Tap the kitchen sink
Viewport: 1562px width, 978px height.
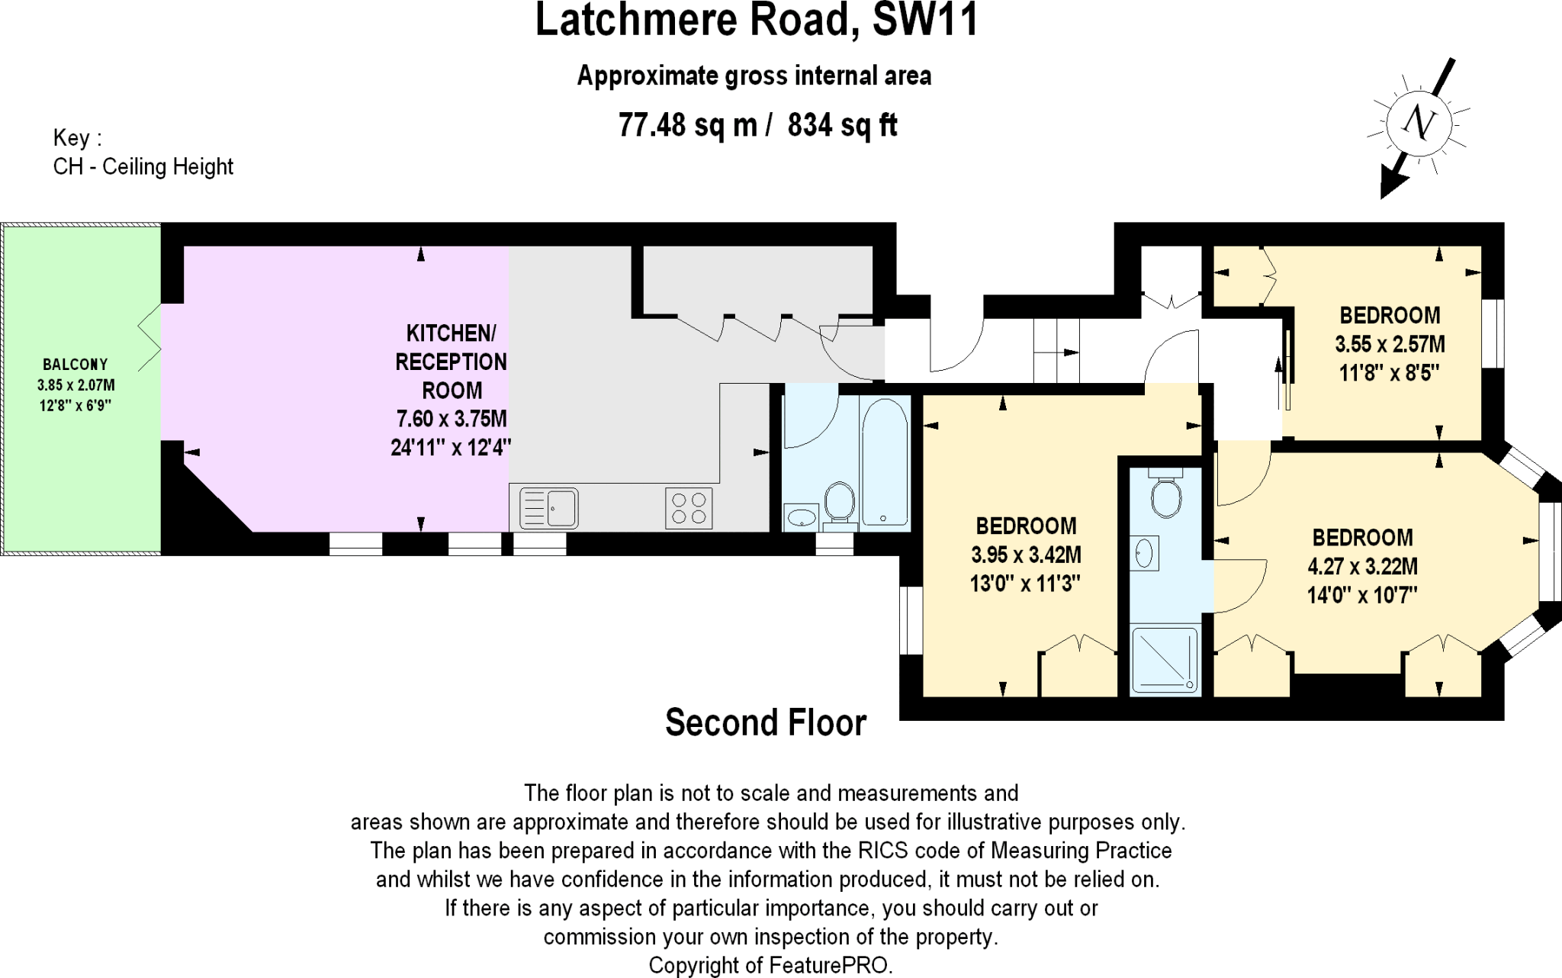point(549,508)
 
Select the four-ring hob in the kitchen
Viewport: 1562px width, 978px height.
point(689,508)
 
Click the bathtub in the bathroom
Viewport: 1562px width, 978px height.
point(885,462)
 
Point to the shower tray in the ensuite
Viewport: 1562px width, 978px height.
point(1165,660)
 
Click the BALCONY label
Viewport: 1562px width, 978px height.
point(76,365)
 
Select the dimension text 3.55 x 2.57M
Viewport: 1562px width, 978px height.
point(1390,344)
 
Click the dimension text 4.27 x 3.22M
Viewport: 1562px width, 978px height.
point(1362,566)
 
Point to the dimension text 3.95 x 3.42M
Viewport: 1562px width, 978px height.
point(1025,555)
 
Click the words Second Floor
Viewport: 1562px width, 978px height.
point(766,722)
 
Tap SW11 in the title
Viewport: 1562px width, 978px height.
point(925,20)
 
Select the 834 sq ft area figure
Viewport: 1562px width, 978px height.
point(842,124)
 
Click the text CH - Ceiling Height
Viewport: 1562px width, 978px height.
point(143,166)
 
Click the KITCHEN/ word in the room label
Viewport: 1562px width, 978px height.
point(451,333)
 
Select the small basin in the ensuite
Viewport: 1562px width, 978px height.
point(1144,552)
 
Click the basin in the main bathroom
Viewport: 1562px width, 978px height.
point(801,518)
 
